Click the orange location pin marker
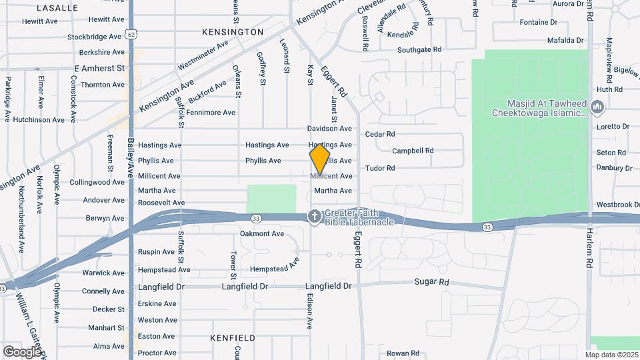320,159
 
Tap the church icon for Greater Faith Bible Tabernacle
313,216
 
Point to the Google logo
22,351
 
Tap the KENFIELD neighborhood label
232,338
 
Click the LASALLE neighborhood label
57,8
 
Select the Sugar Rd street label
432,283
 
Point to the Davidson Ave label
329,128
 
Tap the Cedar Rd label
380,134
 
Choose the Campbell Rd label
413,151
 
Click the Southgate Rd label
419,50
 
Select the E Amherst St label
99,69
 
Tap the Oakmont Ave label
262,233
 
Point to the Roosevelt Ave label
161,203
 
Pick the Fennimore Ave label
211,113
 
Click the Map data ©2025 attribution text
611,355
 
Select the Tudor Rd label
380,167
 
